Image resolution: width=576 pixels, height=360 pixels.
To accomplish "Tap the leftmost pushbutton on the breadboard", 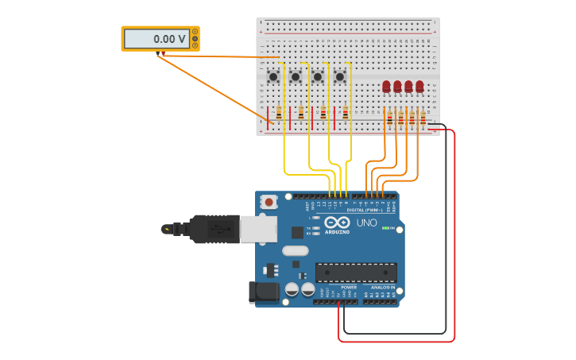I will click(273, 76).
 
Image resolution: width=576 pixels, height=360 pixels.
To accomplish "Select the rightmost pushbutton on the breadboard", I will click(340, 76).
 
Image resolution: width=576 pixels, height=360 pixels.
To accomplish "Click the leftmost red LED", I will click(386, 86).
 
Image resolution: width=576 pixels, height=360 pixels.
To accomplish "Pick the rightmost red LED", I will click(419, 86).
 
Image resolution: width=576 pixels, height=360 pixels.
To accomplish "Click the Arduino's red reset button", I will click(269, 203).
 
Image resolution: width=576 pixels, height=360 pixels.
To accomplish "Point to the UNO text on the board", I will click(366, 223).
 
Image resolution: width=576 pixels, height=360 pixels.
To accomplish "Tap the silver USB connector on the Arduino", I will click(258, 229).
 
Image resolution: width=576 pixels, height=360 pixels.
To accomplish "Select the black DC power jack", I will click(265, 292).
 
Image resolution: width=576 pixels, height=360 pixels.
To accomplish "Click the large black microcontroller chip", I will click(356, 273).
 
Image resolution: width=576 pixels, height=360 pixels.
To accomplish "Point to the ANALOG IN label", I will click(382, 287).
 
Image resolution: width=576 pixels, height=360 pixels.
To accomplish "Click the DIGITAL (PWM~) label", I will click(366, 210).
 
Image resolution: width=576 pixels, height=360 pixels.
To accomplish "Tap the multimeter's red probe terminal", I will click(164, 54).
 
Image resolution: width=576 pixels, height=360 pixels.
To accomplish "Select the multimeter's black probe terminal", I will click(158, 54).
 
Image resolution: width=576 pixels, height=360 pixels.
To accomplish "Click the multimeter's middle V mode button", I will click(195, 38).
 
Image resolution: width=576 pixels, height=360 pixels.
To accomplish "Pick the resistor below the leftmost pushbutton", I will click(279, 113).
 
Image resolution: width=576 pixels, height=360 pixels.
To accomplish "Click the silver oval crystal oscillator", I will click(295, 250).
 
